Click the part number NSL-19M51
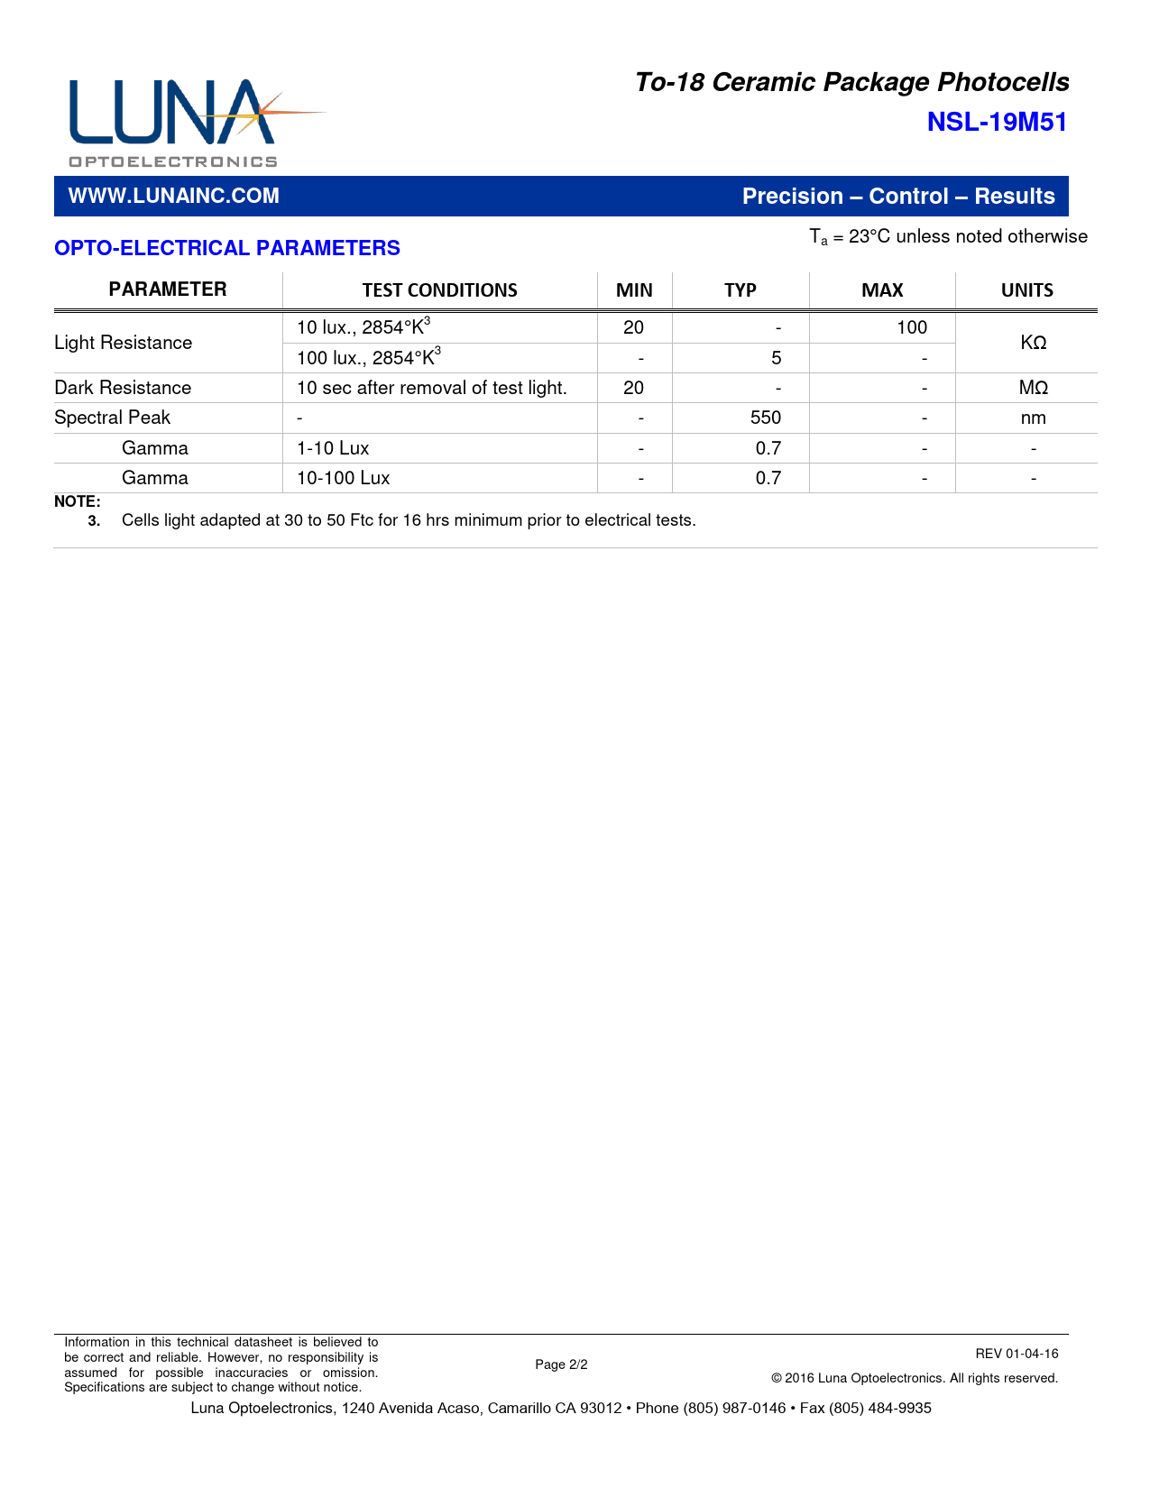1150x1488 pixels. (x=997, y=123)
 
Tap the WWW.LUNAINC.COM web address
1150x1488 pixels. (x=174, y=197)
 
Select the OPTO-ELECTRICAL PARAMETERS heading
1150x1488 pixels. (x=227, y=248)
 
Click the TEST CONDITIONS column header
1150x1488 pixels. (x=439, y=290)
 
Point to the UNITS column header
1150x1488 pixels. (x=1026, y=290)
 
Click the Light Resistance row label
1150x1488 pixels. (x=124, y=343)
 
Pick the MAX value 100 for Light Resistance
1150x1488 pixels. (x=911, y=327)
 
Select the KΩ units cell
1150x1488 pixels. (x=1033, y=343)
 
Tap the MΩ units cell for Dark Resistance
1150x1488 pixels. (x=1033, y=388)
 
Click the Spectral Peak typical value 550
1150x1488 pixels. (x=766, y=418)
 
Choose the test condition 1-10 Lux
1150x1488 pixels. (x=333, y=448)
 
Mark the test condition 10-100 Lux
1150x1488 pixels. (x=344, y=478)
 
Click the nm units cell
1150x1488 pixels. (x=1033, y=418)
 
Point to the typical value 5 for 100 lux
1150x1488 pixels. (x=776, y=358)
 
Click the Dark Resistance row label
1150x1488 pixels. (x=124, y=388)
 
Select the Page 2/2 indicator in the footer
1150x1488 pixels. (x=561, y=1364)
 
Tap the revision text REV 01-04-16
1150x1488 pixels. (x=1017, y=1354)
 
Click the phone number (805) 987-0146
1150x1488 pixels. (x=734, y=1409)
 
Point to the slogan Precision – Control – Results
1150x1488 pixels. (x=898, y=197)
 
